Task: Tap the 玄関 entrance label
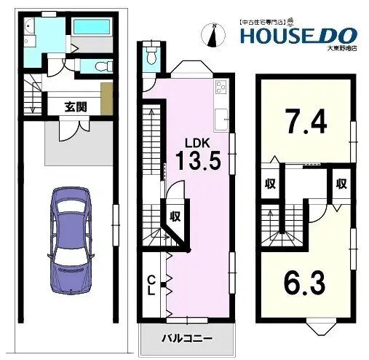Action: [76, 106]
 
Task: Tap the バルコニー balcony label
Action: [187, 338]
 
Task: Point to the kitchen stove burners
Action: [221, 91]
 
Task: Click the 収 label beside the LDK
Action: [175, 216]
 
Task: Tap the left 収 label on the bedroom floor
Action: [269, 184]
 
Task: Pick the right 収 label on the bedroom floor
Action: [340, 184]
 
